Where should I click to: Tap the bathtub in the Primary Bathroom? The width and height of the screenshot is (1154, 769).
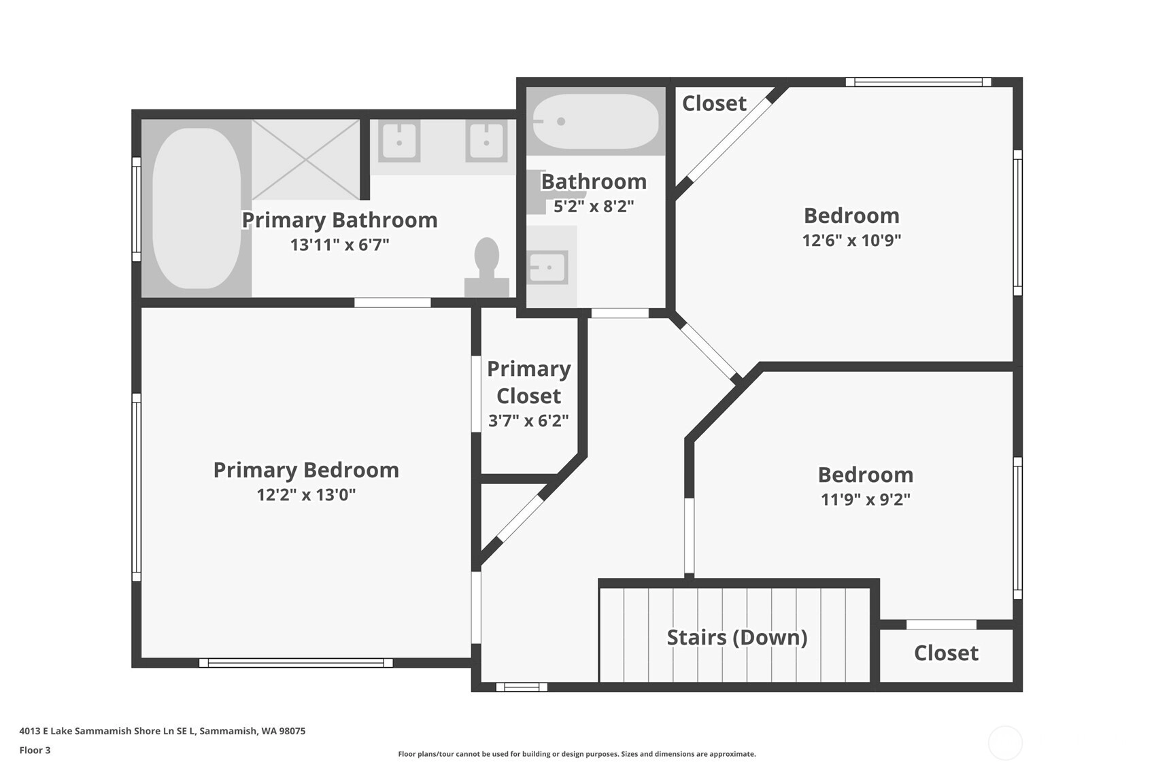[197, 208]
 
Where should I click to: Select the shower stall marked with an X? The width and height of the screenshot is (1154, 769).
[305, 160]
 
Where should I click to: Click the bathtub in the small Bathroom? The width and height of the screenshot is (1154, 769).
[596, 122]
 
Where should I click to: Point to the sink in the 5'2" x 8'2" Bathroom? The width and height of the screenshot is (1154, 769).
[547, 267]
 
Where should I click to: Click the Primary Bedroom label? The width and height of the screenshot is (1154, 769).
[306, 470]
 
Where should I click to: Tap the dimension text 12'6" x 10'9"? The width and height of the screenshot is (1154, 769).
[851, 240]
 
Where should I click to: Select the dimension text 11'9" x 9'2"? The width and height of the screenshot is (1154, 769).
[866, 499]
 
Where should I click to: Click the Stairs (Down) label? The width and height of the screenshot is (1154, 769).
[737, 638]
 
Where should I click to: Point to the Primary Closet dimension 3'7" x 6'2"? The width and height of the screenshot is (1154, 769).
[528, 421]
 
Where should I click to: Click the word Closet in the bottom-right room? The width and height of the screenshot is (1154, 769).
[947, 653]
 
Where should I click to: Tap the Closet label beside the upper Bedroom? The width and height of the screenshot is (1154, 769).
[714, 103]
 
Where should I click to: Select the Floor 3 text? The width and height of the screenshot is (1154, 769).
[35, 750]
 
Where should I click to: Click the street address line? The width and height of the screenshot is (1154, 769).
[163, 731]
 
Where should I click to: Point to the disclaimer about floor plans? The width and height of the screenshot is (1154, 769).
[577, 754]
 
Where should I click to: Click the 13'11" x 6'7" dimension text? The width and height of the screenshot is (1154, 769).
[339, 244]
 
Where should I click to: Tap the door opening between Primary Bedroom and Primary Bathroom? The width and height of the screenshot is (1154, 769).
[392, 303]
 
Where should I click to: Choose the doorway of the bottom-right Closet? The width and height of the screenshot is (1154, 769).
[941, 625]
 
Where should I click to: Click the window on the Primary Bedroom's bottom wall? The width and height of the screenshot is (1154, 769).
[296, 663]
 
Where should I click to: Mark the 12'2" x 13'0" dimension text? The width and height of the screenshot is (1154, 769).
[306, 494]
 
